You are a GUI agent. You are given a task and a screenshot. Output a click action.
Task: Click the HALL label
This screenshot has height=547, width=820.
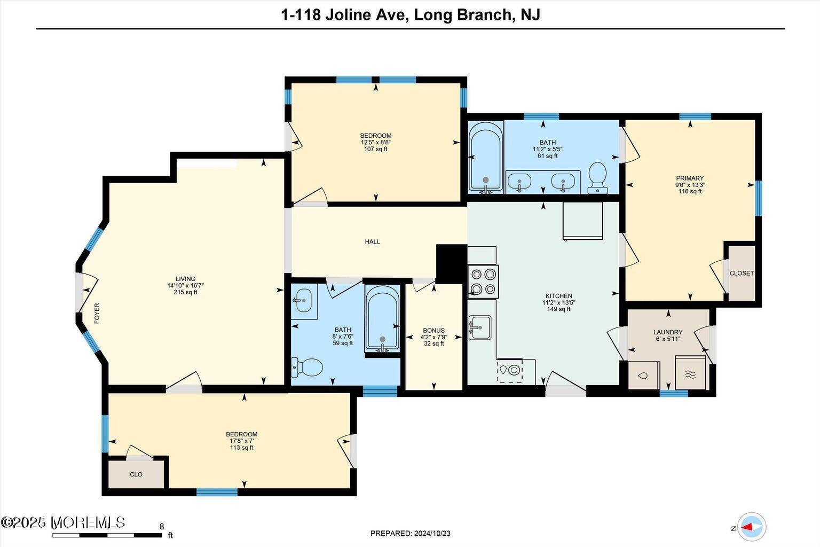click(372, 241)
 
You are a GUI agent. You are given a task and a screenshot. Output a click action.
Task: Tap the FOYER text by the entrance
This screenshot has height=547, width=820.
click(97, 314)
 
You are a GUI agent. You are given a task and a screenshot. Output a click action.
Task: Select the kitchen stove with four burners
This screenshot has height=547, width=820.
click(483, 282)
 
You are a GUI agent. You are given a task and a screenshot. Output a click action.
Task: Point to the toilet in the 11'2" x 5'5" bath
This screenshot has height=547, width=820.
click(597, 178)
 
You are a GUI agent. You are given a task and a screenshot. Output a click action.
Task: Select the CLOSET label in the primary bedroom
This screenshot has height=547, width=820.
click(742, 273)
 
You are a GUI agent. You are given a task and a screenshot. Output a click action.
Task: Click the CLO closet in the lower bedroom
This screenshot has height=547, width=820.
click(136, 474)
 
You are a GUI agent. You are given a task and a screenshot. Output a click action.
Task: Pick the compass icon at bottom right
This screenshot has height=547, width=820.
click(752, 526)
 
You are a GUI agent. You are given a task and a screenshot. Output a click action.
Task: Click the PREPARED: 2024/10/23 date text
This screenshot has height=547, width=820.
click(410, 533)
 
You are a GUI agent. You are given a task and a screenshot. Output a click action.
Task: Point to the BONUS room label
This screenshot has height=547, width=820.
click(433, 331)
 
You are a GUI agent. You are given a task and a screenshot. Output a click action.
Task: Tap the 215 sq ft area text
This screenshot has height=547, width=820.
click(185, 292)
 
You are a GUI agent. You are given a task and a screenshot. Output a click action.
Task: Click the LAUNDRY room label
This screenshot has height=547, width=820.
click(668, 332)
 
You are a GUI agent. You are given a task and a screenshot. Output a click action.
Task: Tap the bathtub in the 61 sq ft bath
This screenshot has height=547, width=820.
click(486, 157)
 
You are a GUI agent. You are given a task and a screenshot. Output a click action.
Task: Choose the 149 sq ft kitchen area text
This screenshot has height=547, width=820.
click(558, 309)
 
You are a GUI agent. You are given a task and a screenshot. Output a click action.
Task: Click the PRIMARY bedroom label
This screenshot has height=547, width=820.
click(690, 178)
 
